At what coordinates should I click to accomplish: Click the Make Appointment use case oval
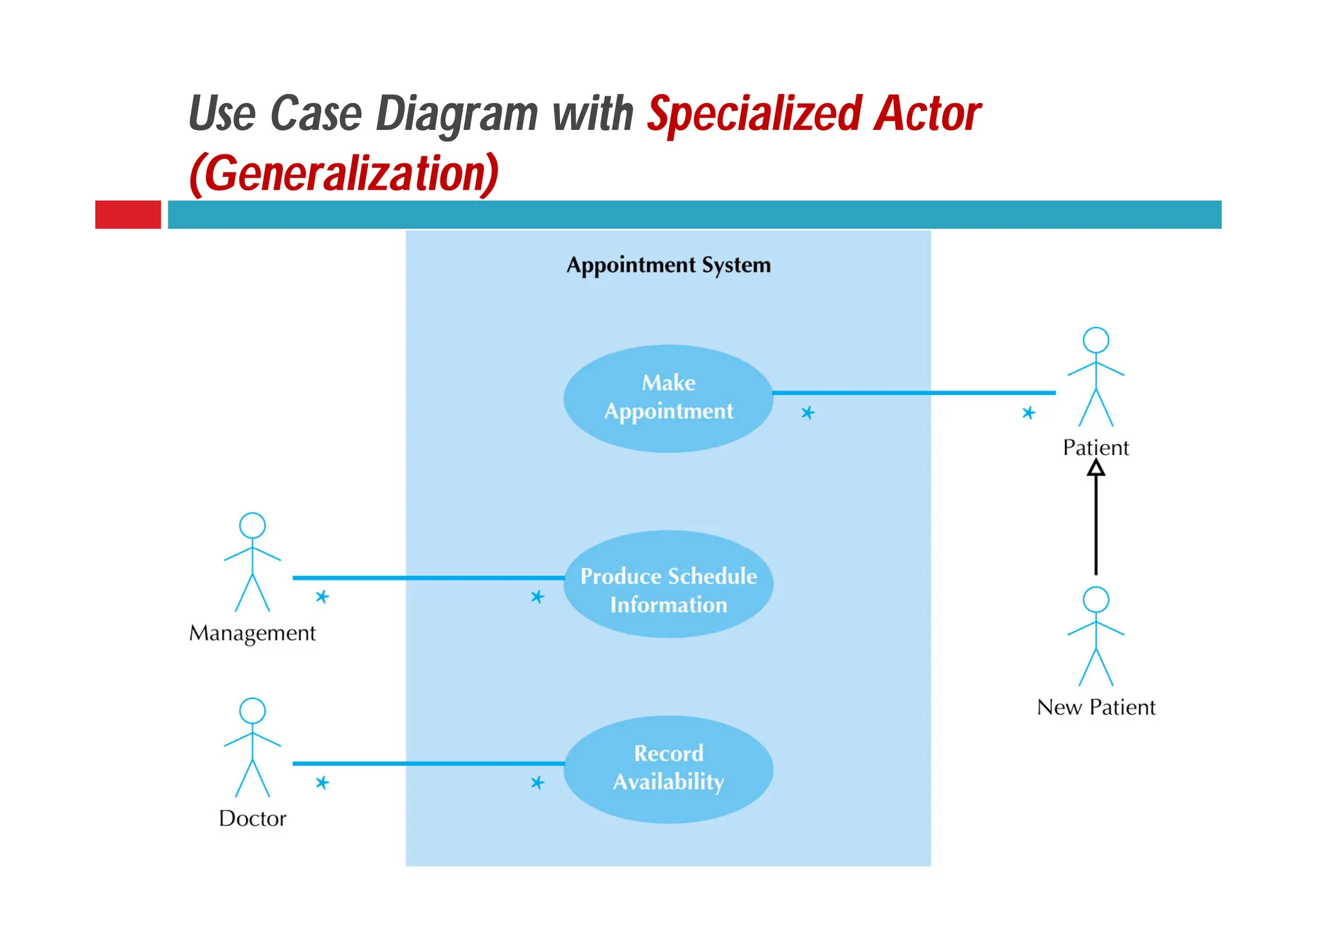tap(668, 398)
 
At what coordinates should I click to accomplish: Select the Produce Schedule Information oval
tap(668, 584)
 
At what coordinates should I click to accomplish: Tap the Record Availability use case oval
tap(668, 769)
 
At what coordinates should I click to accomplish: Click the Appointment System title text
tap(668, 265)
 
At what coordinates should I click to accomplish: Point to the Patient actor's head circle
tap(1096, 340)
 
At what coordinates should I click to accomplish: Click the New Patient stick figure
tap(1096, 637)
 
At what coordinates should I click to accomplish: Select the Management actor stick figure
tap(252, 563)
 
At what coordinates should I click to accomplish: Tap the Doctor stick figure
tap(252, 748)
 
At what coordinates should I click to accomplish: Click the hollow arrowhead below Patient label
tap(1096, 468)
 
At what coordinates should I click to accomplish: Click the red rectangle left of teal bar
tap(128, 214)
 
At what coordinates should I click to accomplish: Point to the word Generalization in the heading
tap(344, 174)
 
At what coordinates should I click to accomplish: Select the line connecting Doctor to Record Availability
tap(428, 764)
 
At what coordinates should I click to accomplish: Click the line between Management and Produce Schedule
tap(428, 578)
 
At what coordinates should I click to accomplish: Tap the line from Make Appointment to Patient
tap(913, 392)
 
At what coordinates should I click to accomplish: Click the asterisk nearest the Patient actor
tap(1028, 413)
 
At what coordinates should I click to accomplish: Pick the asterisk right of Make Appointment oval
tap(808, 413)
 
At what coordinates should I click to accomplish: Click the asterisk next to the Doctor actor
tap(322, 783)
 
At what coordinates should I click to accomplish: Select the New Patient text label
tap(1096, 708)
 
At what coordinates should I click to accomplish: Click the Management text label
tap(252, 633)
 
